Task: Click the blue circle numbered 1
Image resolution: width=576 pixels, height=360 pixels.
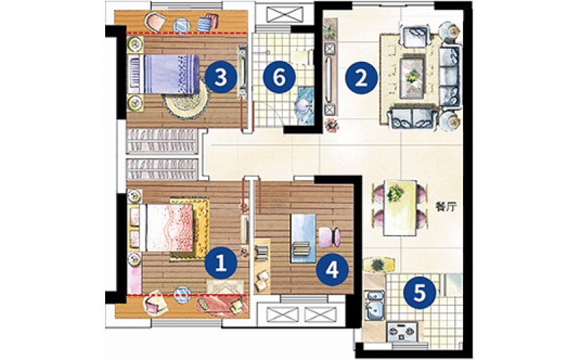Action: pyautogui.click(x=221, y=263)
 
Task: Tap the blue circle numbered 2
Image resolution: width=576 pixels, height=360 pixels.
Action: pyautogui.click(x=361, y=78)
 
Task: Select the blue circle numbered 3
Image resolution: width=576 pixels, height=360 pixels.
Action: pyautogui.click(x=220, y=78)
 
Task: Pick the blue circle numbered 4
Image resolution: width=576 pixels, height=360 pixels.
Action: pyautogui.click(x=332, y=270)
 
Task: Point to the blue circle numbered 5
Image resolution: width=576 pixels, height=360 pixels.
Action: pyautogui.click(x=420, y=293)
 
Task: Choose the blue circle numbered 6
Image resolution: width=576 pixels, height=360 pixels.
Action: pyautogui.click(x=279, y=78)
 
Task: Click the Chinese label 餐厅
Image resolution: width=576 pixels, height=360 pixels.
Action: pyautogui.click(x=446, y=207)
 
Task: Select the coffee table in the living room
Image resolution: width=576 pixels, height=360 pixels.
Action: pyautogui.click(x=412, y=78)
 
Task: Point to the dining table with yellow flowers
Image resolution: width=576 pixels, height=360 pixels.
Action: pyautogui.click(x=400, y=207)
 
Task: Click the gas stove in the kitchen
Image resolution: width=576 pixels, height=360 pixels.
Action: pyautogui.click(x=403, y=332)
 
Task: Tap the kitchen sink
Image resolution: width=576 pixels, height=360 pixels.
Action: pyautogui.click(x=374, y=305)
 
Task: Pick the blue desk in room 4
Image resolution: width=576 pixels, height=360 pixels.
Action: pyautogui.click(x=303, y=238)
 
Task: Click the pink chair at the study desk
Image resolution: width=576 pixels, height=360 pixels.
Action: pyautogui.click(x=329, y=237)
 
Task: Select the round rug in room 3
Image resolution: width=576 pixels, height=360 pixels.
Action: pyautogui.click(x=186, y=102)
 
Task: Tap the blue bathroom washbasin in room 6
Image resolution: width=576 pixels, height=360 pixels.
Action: pyautogui.click(x=305, y=107)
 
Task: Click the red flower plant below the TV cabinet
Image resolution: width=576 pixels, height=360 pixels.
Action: pyautogui.click(x=332, y=125)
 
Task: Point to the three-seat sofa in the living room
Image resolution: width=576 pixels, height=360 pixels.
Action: pyautogui.click(x=451, y=76)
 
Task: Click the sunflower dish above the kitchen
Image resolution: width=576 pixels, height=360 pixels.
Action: pyautogui.click(x=378, y=265)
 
